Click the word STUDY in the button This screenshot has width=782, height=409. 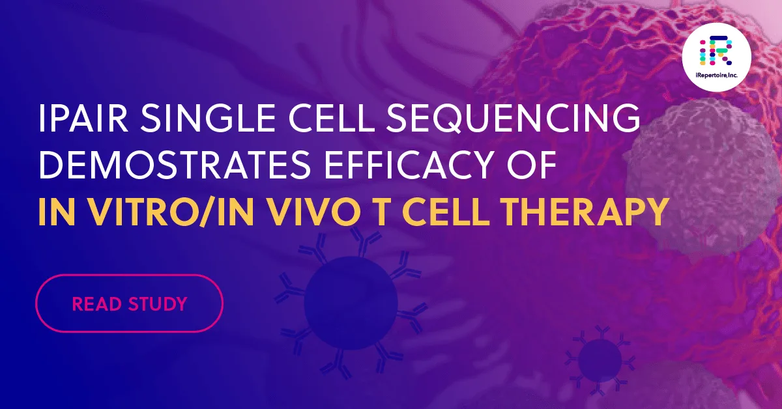click(x=156, y=303)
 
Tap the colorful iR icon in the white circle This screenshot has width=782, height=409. click(x=716, y=51)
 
